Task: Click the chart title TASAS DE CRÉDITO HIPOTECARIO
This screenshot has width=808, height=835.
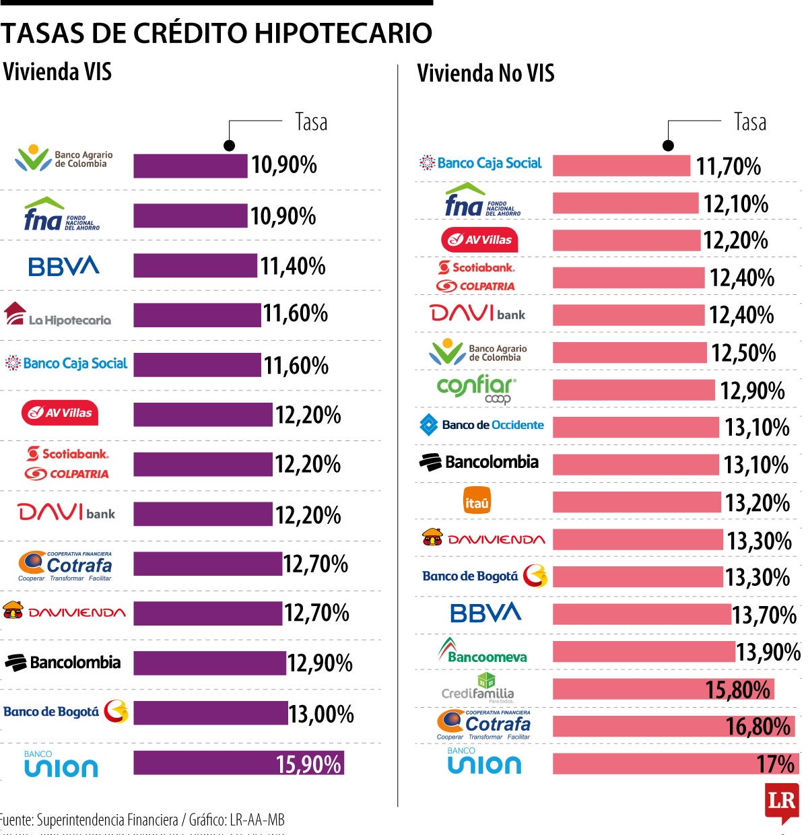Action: tap(216, 32)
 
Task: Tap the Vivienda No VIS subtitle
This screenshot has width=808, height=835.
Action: tap(485, 73)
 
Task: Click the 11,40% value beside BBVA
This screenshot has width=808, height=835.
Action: tap(293, 266)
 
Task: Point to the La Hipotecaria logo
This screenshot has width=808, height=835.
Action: tap(58, 315)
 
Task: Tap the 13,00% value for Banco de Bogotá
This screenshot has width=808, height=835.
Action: tap(321, 714)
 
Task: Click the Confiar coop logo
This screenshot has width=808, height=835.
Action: tap(477, 389)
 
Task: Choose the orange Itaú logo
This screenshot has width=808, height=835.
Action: tap(477, 502)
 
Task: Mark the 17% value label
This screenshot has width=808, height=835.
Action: tap(776, 764)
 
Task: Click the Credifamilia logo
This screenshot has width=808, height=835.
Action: tap(478, 688)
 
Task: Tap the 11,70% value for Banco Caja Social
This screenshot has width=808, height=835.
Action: tap(728, 166)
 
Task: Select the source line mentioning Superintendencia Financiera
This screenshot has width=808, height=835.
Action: tap(142, 820)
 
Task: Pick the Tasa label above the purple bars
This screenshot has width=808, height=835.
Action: tap(311, 122)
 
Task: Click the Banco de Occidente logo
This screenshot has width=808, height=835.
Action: tap(481, 425)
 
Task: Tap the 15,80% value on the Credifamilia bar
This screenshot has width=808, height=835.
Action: tap(737, 690)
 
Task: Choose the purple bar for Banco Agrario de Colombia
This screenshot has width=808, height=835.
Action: tap(190, 166)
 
